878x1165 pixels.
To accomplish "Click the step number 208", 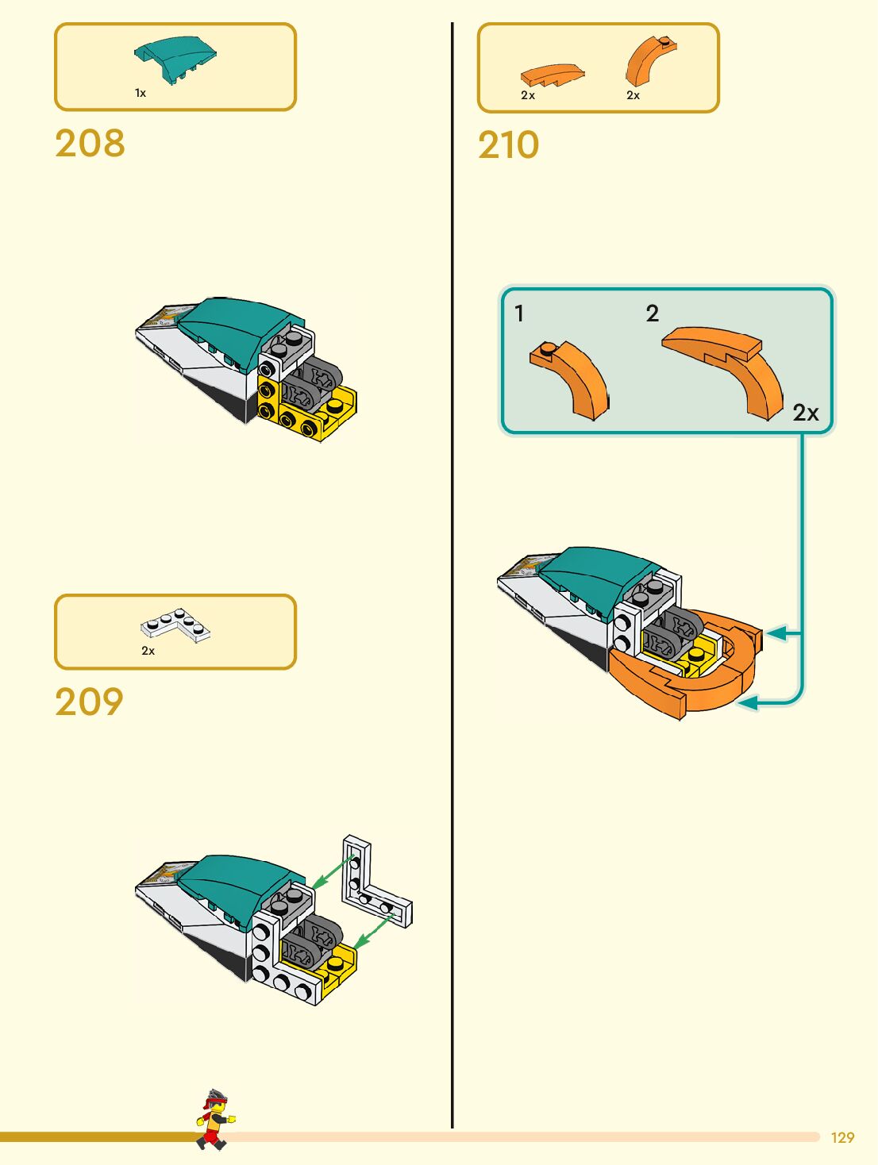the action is [x=90, y=144].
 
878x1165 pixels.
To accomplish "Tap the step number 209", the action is [x=89, y=702].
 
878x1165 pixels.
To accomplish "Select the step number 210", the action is [x=508, y=145].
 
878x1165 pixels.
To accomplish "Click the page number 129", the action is [x=842, y=1137].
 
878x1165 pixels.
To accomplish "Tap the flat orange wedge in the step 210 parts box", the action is [x=552, y=75].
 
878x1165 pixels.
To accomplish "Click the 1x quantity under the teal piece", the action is [x=141, y=94].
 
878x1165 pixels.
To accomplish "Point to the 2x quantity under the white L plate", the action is [x=148, y=651].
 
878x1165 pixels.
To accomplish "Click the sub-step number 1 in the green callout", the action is [x=519, y=313].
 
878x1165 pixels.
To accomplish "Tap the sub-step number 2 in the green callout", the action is [x=653, y=313].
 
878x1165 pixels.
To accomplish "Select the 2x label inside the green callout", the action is [x=805, y=413].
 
